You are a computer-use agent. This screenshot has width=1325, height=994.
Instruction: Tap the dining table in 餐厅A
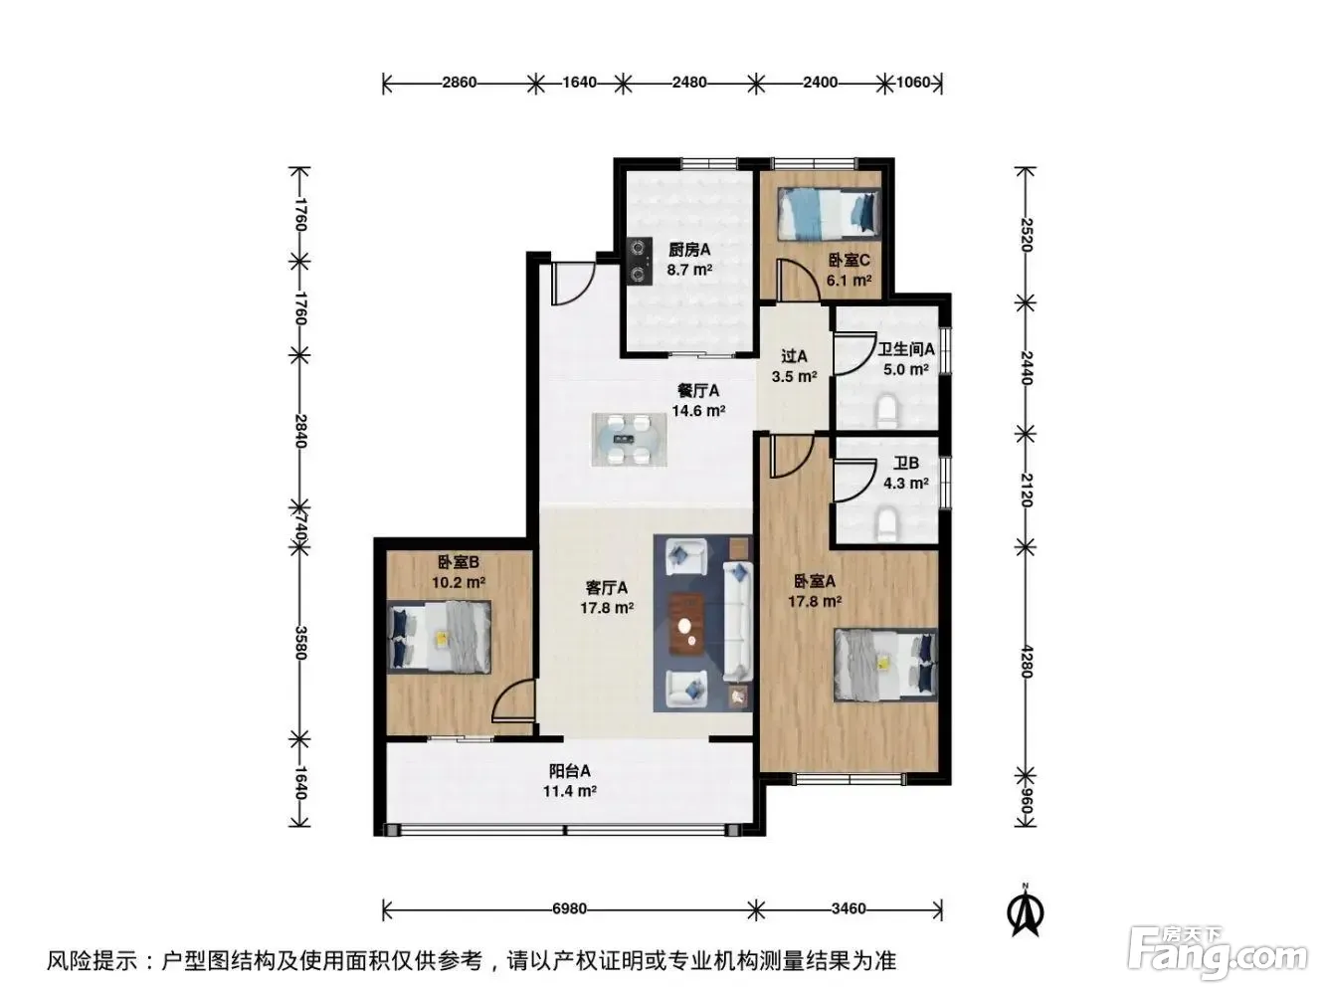630,440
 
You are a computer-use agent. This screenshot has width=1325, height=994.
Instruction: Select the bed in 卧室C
828,214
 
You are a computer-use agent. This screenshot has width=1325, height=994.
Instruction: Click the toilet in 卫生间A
886,409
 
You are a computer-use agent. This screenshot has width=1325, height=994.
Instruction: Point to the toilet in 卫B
886,522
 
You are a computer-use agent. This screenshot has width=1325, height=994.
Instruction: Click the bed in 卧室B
439,637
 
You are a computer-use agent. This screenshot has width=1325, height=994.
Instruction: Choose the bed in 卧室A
885,665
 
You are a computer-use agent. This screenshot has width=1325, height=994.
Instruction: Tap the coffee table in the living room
686,624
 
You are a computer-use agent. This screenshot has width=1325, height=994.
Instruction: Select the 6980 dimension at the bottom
569,908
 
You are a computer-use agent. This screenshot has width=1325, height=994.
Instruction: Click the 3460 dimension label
849,908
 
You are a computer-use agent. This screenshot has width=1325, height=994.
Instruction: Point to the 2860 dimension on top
460,82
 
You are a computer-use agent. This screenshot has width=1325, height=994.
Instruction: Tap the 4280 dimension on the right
1026,662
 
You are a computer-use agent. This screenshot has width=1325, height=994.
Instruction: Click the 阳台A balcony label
569,771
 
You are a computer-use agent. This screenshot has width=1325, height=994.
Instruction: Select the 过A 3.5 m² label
795,366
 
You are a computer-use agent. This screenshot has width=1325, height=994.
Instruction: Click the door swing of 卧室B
513,700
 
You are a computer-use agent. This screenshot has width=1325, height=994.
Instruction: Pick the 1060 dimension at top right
913,82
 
